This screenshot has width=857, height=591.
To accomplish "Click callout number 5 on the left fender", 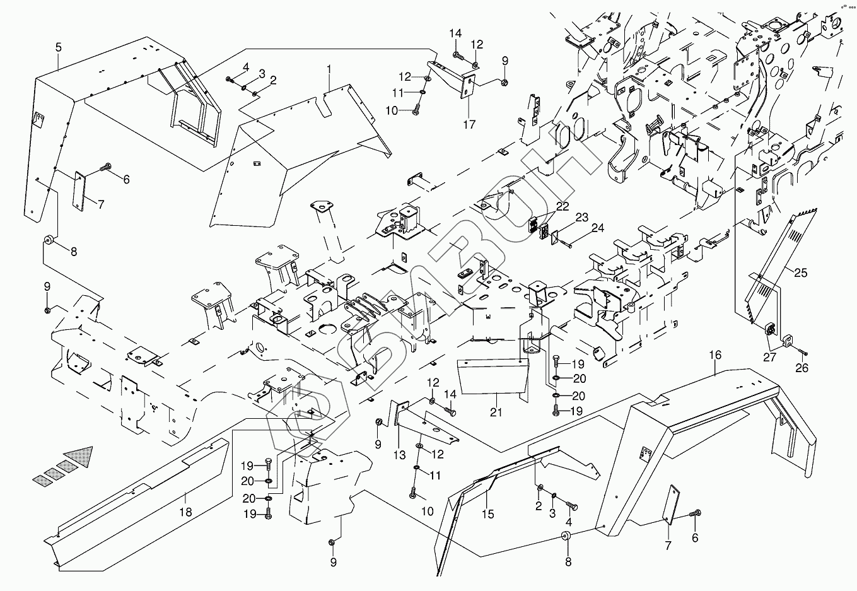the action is click(x=58, y=47).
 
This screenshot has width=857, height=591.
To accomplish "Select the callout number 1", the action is click(x=329, y=70).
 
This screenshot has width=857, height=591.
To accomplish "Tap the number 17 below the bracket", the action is click(x=469, y=124).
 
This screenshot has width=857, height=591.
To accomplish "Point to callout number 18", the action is click(x=186, y=512).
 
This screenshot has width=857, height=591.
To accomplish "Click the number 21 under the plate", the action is click(x=496, y=412).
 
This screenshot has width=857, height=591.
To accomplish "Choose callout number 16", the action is click(x=715, y=355).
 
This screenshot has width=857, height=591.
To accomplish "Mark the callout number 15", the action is click(x=488, y=514).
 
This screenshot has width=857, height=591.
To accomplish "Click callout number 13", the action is click(x=399, y=455).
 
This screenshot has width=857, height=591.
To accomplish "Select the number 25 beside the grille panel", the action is click(x=800, y=272).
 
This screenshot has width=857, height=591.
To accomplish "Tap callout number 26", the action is click(x=802, y=368).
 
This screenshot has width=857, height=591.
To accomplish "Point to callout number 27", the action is click(x=769, y=358).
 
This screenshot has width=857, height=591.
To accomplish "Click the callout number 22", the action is click(x=563, y=206).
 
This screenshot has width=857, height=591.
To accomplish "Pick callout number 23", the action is click(x=582, y=218).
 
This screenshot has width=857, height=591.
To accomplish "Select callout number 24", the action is click(x=598, y=228).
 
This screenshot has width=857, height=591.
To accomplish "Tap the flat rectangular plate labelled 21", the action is click(x=494, y=377).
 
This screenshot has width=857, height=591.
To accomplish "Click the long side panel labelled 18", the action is click(x=137, y=505).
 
